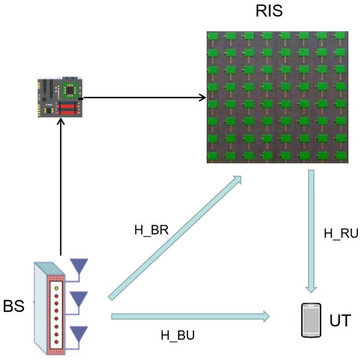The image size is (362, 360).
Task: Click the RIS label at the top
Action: tap(269, 13)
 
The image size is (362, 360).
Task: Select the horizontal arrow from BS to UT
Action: tap(191, 317)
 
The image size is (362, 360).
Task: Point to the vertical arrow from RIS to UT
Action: tap(311, 230)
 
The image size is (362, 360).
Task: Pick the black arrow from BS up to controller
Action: tap(61, 192)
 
